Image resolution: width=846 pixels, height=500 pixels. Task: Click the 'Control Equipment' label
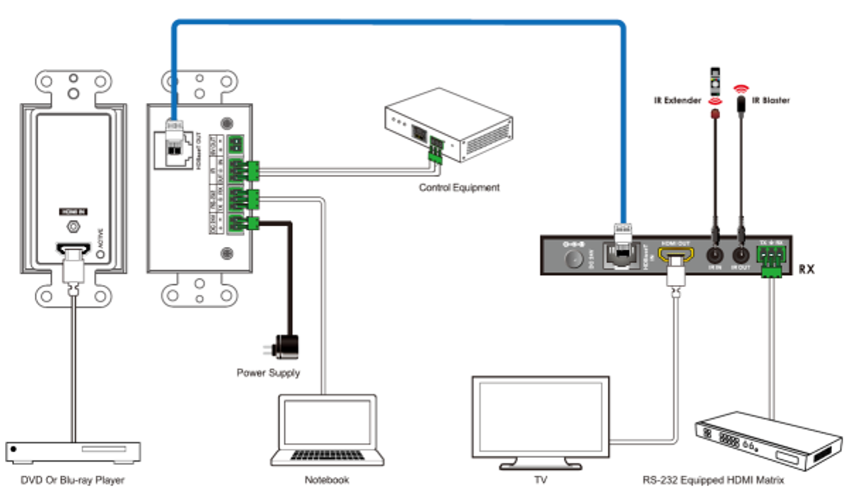pyautogui.click(x=459, y=187)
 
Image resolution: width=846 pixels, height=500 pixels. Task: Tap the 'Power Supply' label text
pyautogui.click(x=268, y=373)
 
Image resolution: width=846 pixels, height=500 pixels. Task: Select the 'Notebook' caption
pyautogui.click(x=327, y=480)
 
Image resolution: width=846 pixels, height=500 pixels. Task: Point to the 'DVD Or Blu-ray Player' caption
pyautogui.click(x=72, y=480)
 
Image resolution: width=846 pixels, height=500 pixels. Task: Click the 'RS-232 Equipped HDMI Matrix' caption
pyautogui.click(x=713, y=480)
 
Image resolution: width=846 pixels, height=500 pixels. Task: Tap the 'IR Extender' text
pyautogui.click(x=677, y=100)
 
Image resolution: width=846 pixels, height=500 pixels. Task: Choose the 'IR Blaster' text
pyautogui.click(x=771, y=100)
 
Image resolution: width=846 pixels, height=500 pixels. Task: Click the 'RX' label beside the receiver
pyautogui.click(x=806, y=269)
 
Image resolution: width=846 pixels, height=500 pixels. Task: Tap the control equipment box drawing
pyautogui.click(x=449, y=126)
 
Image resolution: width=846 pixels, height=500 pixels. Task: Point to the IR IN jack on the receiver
pyautogui.click(x=714, y=256)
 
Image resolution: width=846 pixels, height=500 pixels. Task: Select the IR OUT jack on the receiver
pyautogui.click(x=740, y=256)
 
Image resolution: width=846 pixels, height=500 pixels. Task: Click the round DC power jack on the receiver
pyautogui.click(x=573, y=259)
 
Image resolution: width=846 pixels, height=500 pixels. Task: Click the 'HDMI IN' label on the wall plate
pyautogui.click(x=73, y=212)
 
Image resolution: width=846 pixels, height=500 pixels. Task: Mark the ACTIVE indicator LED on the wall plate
pyautogui.click(x=100, y=254)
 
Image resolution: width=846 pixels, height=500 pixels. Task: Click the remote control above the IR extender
pyautogui.click(x=716, y=79)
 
